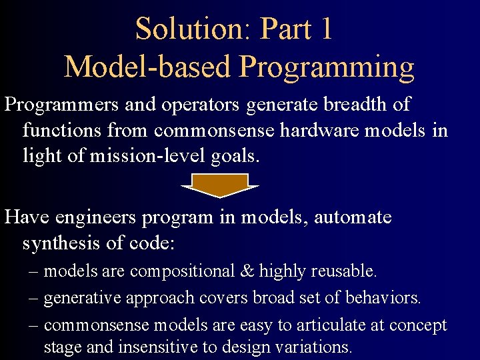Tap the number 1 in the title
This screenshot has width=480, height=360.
pyautogui.click(x=326, y=29)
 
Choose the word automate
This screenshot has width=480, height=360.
pyautogui.click(x=353, y=217)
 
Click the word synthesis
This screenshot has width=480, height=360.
pyautogui.click(x=63, y=243)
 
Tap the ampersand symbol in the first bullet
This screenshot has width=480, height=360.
pyautogui.click(x=247, y=271)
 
